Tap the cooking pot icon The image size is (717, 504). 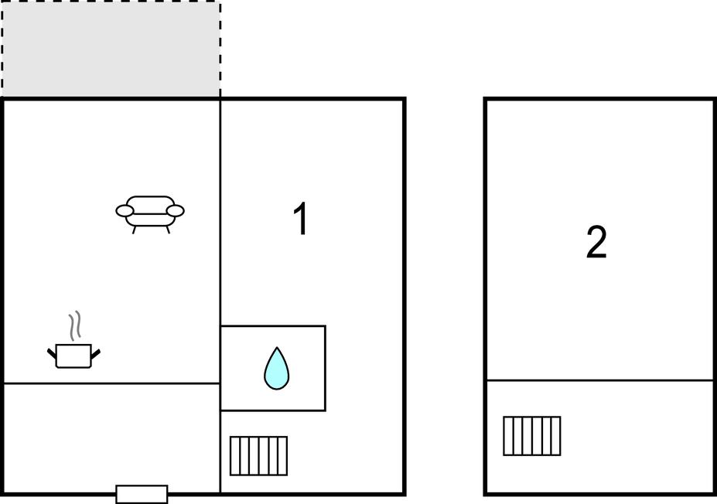(x=73, y=356)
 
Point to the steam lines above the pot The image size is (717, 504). (x=75, y=325)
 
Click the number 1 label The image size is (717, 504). (x=300, y=219)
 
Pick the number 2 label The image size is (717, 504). (x=596, y=242)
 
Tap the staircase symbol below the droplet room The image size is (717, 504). (x=258, y=456)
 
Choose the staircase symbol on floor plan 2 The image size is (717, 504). (x=532, y=436)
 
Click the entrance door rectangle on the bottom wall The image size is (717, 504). (x=142, y=495)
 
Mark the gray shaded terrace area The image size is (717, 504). (x=111, y=49)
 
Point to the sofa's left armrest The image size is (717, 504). (x=125, y=211)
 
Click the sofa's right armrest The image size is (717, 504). (x=175, y=211)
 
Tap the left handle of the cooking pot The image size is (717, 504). (x=52, y=353)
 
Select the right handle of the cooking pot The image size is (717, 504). (x=96, y=353)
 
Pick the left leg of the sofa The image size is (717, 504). (x=134, y=230)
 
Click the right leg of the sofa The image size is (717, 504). (x=168, y=230)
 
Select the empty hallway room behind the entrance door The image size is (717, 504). (x=112, y=438)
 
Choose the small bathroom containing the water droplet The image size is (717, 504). (x=273, y=368)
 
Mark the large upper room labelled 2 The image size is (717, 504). (x=599, y=240)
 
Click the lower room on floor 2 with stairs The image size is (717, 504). (x=599, y=437)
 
